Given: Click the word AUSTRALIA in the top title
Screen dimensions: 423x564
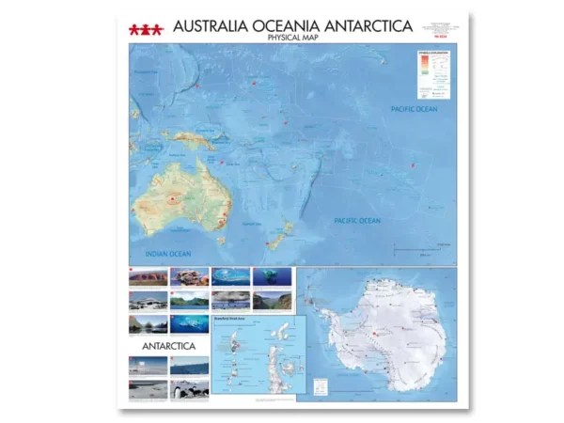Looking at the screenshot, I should click(x=212, y=26).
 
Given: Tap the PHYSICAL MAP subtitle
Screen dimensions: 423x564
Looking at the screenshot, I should click(x=293, y=38).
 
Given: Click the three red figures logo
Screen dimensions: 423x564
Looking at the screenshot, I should click(x=146, y=29).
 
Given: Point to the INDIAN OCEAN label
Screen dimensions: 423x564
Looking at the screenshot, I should click(x=167, y=254).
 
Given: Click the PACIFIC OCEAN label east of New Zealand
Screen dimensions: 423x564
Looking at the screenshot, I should click(x=357, y=221).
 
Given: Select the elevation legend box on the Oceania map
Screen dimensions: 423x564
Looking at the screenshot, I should click(x=433, y=73).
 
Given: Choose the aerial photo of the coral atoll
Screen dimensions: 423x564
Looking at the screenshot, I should click(x=230, y=276).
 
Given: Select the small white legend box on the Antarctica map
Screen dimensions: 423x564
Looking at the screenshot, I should click(x=321, y=384).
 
